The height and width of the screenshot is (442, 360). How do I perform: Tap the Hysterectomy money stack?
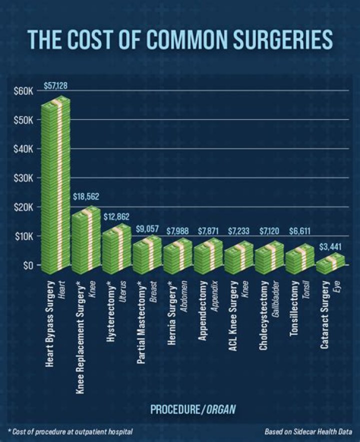click(117, 248)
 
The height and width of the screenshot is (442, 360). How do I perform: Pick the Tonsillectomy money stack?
click(300, 258)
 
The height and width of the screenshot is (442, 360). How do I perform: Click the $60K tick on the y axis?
click(24, 91)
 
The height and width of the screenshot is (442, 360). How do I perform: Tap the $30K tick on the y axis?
click(24, 178)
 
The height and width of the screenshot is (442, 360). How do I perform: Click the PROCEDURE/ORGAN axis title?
click(193, 409)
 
